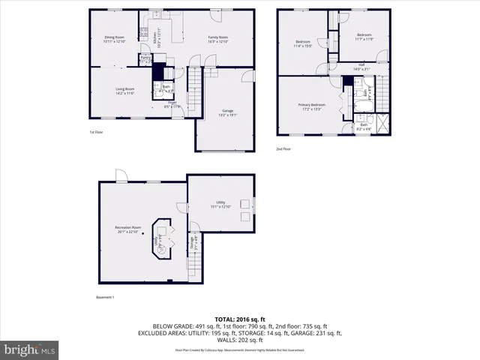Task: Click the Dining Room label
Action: [114, 39]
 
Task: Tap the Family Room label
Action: [217, 39]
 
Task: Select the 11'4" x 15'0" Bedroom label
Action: [303, 43]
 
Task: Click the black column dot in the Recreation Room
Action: [143, 234]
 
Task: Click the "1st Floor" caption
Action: [95, 132]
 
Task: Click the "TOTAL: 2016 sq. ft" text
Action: [240, 319]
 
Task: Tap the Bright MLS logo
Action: [30, 349]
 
